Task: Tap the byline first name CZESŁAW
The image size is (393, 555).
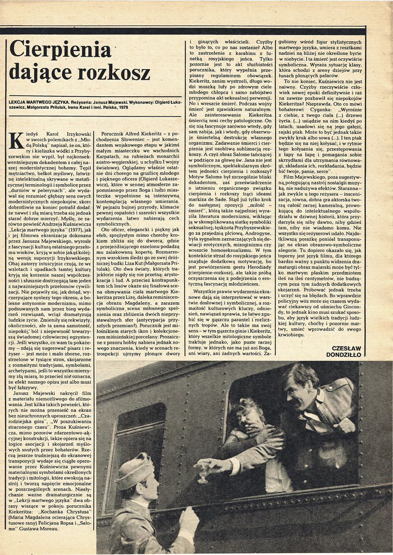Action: (x=347, y=348)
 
